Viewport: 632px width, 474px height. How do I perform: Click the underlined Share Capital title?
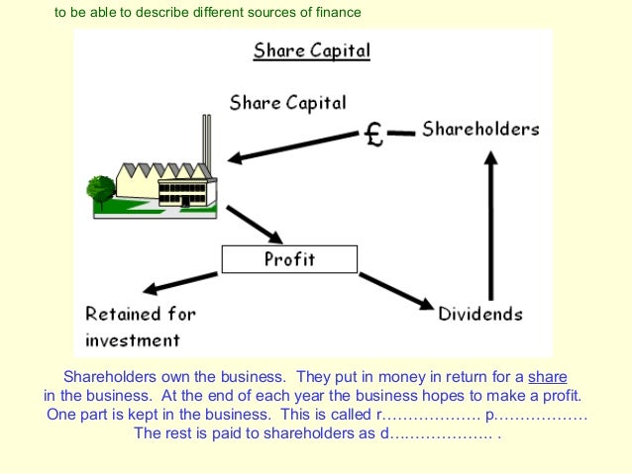tap(311, 50)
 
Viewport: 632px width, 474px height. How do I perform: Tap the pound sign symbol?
tap(373, 134)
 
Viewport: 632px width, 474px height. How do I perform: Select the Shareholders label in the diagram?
tap(480, 129)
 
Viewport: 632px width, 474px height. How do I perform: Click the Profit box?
tap(288, 260)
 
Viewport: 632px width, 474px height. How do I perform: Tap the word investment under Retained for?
tap(133, 339)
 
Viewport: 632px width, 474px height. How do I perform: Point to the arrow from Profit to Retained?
tap(182, 283)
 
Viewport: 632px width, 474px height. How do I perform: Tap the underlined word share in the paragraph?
tap(548, 377)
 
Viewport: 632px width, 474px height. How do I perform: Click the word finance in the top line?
tap(335, 13)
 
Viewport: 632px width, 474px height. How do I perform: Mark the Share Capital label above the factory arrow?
tap(287, 102)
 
